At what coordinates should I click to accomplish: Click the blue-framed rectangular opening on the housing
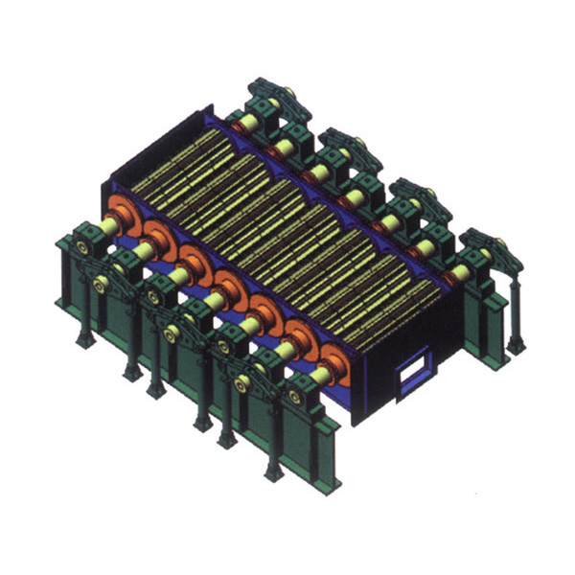pos(415,373)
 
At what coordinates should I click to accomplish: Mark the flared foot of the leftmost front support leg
pos(85,339)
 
